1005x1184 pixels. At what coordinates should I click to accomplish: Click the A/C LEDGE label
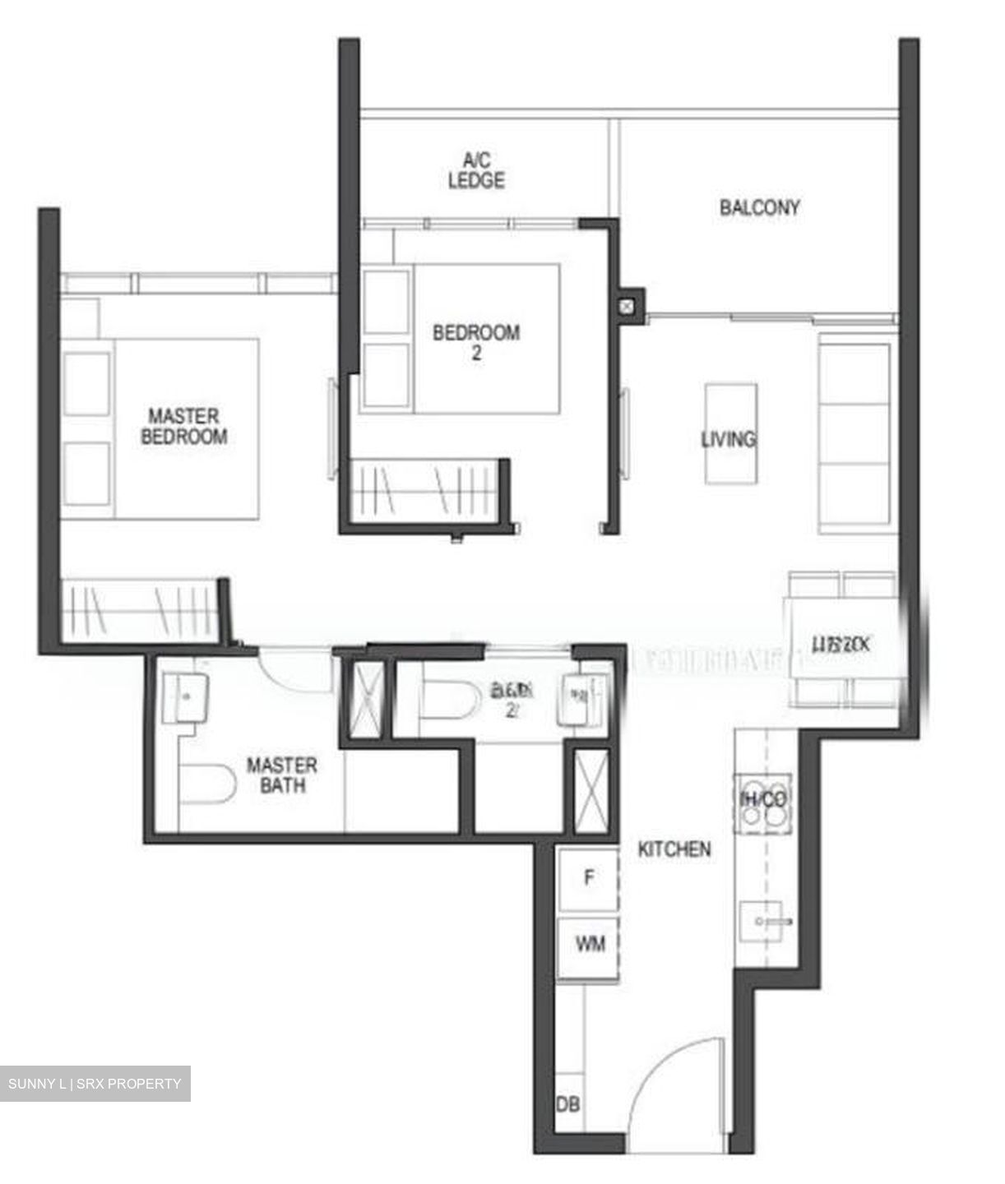(476, 171)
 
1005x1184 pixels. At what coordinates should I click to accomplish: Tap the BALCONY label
(759, 207)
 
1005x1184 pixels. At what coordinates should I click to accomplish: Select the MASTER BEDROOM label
(183, 426)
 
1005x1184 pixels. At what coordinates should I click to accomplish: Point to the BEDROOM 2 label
(476, 343)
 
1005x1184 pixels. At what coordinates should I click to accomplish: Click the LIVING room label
(729, 438)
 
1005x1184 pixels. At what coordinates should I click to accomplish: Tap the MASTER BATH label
(281, 775)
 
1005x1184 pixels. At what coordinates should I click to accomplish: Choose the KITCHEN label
(674, 849)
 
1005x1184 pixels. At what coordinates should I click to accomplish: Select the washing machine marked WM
(590, 944)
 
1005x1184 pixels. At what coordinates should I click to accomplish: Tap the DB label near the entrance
(567, 1103)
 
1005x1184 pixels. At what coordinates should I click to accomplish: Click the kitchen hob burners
(764, 800)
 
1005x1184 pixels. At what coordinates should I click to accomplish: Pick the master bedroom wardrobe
(141, 609)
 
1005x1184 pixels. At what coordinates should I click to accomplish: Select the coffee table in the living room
(730, 432)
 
